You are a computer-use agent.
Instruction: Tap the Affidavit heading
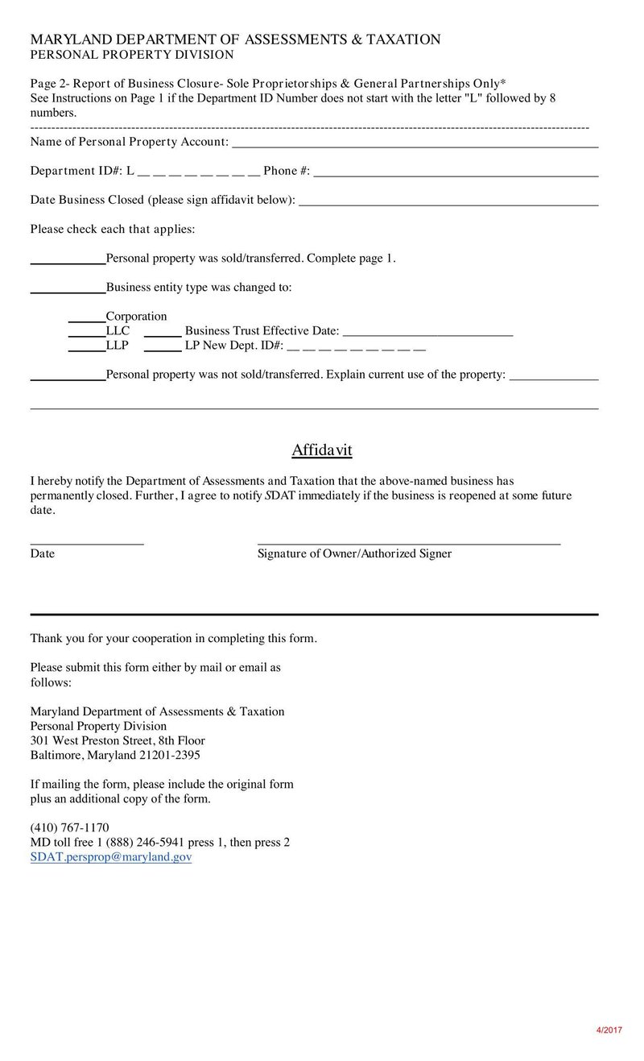pos(322,450)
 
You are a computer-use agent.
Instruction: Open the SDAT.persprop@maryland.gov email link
pos(111,857)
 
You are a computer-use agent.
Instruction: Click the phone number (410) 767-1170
pos(69,827)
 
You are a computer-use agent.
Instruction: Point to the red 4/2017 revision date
pos(609,1030)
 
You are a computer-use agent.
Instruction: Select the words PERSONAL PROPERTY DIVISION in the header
pos(132,55)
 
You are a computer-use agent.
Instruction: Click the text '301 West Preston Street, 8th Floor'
pos(118,740)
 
